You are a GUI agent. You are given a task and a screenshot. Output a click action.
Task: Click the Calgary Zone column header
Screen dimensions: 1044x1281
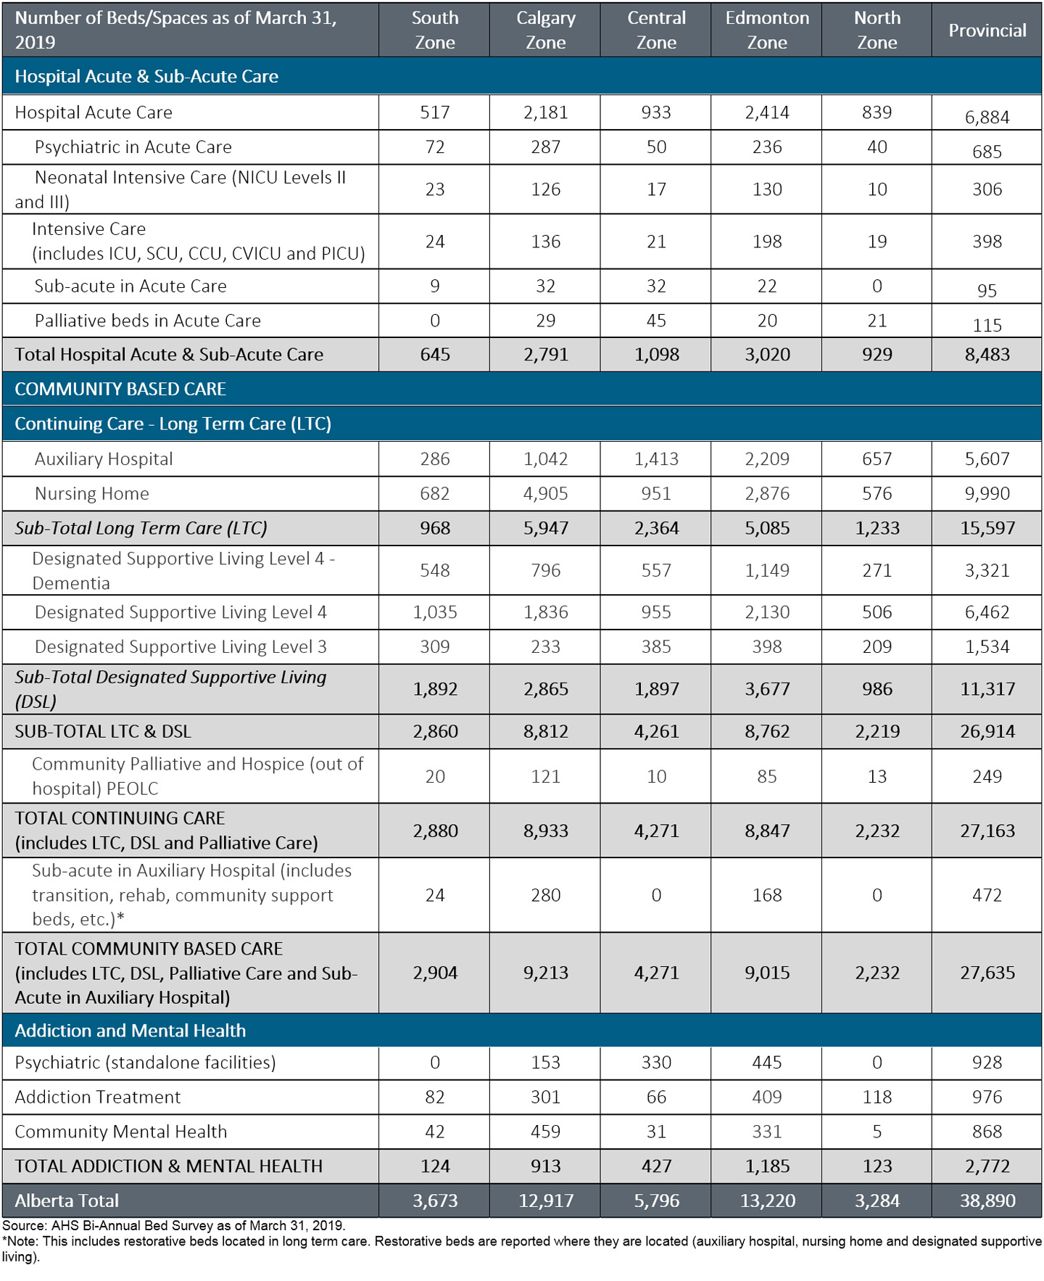click(545, 30)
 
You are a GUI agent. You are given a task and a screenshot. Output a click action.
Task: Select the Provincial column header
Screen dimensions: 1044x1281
click(987, 30)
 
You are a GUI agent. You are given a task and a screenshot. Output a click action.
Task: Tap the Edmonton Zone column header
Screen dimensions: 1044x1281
click(767, 30)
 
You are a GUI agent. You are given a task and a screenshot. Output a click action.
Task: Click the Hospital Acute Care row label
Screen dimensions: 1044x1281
click(94, 112)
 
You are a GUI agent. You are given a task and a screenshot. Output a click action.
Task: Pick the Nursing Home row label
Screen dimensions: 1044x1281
click(92, 494)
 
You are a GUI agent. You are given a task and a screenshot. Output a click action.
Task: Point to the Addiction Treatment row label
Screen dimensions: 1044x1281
click(97, 1097)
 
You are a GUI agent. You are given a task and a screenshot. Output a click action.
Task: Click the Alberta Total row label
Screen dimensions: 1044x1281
click(67, 1200)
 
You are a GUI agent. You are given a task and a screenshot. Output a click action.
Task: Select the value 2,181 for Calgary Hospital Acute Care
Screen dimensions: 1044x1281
click(545, 112)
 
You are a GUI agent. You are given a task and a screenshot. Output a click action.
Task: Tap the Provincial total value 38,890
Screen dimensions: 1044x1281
click(987, 1200)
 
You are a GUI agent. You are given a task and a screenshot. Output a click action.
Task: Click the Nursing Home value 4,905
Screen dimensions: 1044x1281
click(545, 494)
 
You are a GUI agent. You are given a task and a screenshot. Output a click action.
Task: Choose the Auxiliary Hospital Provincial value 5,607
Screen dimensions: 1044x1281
click(987, 459)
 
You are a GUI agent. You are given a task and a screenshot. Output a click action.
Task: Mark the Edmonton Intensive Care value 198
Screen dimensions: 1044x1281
click(767, 242)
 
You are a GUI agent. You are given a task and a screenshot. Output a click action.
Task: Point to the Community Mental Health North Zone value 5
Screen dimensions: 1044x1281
click(877, 1132)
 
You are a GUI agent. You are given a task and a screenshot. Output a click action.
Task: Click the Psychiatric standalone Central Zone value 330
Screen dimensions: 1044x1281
click(656, 1063)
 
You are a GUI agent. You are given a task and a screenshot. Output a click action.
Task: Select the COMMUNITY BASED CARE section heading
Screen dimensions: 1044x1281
click(120, 389)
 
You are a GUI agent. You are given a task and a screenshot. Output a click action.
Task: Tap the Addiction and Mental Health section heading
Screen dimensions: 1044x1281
click(130, 1030)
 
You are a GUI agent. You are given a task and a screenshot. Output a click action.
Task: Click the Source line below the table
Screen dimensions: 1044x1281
click(174, 1225)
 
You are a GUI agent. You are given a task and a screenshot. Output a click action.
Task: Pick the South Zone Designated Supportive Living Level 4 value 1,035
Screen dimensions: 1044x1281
click(435, 612)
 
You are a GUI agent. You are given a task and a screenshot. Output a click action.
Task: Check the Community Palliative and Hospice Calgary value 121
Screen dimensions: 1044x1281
click(545, 776)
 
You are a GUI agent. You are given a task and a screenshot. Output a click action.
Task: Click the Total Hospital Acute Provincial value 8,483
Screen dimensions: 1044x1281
click(987, 355)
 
